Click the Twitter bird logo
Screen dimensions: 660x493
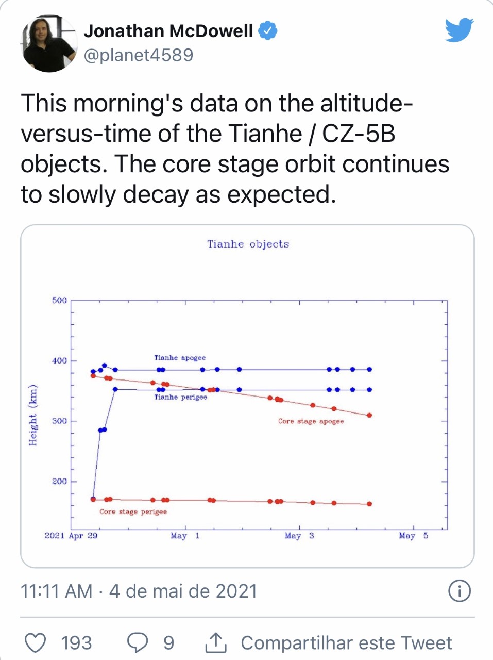(x=459, y=30)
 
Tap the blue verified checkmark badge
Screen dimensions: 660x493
(x=267, y=31)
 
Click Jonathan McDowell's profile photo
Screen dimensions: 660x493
(x=49, y=43)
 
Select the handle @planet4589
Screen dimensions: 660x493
(x=138, y=55)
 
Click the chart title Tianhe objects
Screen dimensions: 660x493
(x=248, y=244)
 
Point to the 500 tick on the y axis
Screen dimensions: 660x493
(x=59, y=300)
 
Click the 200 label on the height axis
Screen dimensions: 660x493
(x=59, y=481)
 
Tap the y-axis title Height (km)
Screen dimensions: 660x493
(x=33, y=415)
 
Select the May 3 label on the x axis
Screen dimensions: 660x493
(x=299, y=536)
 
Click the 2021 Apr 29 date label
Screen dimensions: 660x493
(x=71, y=536)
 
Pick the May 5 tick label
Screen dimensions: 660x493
(x=413, y=536)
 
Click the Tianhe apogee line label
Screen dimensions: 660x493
(x=180, y=358)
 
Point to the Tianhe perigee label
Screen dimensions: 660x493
(x=180, y=397)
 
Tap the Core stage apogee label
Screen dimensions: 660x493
(x=311, y=421)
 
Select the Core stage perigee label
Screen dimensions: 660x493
(x=133, y=511)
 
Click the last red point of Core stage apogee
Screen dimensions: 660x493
(x=369, y=415)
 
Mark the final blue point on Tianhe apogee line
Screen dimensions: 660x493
(x=369, y=369)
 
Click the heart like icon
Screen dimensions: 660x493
(x=36, y=643)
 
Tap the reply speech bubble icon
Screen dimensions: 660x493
(x=138, y=643)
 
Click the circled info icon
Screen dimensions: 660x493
(x=460, y=591)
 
